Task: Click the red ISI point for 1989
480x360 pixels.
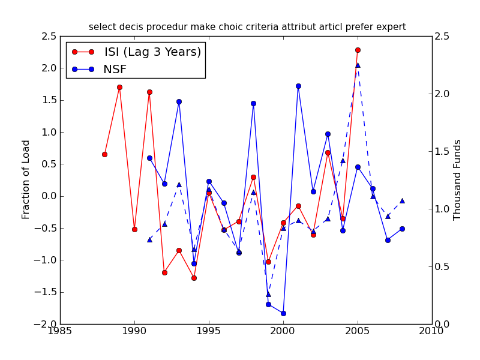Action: tap(119, 87)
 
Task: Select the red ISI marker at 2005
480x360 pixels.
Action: tap(358, 50)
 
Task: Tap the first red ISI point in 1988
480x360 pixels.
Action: tap(104, 154)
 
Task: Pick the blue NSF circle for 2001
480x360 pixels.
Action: tap(298, 86)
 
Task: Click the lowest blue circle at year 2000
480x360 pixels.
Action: tap(283, 313)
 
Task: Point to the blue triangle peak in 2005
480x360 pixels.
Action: tap(358, 65)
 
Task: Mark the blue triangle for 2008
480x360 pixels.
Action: tap(402, 200)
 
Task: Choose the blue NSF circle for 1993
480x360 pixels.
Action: tap(179, 101)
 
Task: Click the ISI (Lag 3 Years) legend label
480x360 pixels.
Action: tap(152, 52)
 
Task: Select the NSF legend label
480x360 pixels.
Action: tap(116, 70)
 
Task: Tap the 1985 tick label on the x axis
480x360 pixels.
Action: tap(60, 331)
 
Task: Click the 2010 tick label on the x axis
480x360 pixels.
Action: tap(432, 331)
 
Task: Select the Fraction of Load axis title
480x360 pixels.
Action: tap(26, 179)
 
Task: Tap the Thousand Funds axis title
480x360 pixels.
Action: tap(458, 179)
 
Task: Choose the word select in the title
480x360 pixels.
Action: tap(101, 27)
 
